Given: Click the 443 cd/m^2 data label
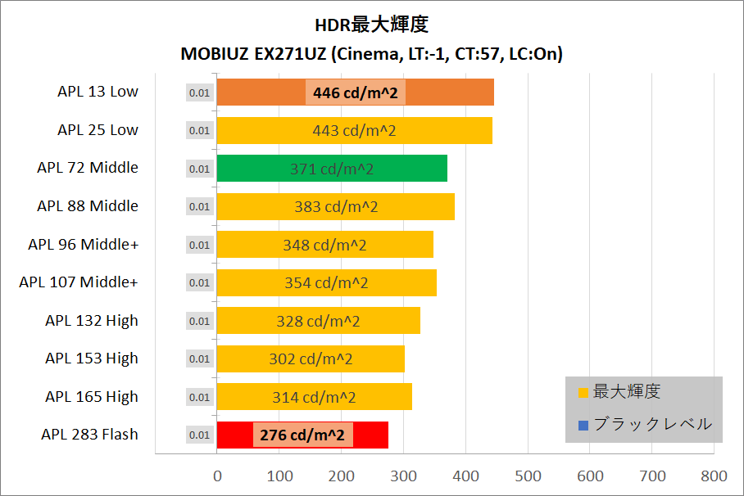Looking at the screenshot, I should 355,130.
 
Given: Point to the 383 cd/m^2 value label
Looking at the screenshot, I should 336,207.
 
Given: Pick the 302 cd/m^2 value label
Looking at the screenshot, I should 311,358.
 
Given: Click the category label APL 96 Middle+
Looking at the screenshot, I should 83,244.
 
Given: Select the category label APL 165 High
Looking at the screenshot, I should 92,397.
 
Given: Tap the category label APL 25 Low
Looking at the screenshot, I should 98,130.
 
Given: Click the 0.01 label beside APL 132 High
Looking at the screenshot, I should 199,321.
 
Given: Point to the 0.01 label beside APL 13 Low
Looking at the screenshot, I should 199,92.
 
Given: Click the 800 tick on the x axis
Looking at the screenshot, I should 714,476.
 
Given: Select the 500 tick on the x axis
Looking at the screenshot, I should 528,476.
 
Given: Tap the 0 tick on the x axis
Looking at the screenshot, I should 217,476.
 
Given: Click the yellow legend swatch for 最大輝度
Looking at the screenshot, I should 583,392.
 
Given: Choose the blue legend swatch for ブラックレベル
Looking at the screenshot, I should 583,425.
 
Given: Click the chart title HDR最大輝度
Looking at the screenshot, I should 371,25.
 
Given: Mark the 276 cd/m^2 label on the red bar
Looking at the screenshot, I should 302,435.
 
